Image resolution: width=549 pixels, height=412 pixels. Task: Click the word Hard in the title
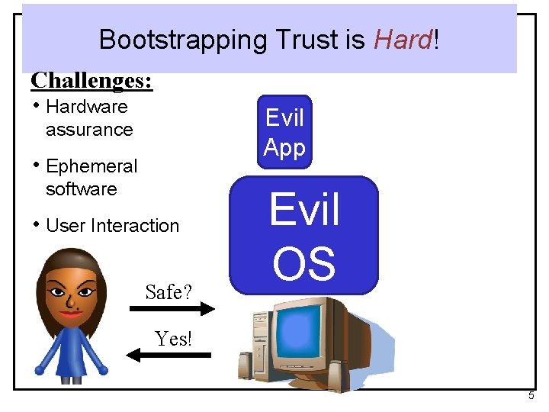pyautogui.click(x=403, y=40)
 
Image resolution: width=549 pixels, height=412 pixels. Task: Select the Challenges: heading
pyautogui.click(x=91, y=80)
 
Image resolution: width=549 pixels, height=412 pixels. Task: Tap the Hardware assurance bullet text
pyautogui.click(x=88, y=118)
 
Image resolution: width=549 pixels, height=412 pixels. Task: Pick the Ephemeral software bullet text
pyautogui.click(x=91, y=178)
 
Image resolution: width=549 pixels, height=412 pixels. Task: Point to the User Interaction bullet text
pyautogui.click(x=112, y=226)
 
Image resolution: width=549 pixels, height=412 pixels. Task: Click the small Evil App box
pyautogui.click(x=284, y=132)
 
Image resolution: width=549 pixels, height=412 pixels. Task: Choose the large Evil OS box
pyautogui.click(x=304, y=235)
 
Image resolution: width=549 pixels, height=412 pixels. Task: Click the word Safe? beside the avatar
pyautogui.click(x=169, y=291)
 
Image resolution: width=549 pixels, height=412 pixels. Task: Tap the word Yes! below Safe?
pyautogui.click(x=173, y=339)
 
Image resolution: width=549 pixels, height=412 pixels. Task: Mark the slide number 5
pyautogui.click(x=531, y=396)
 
